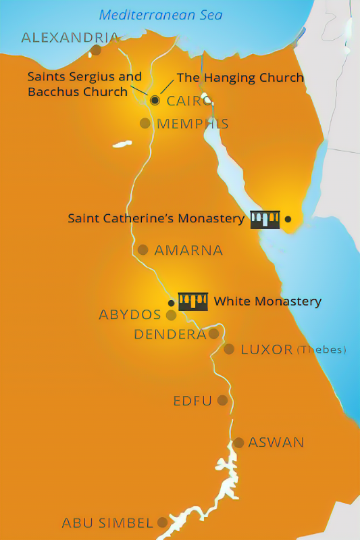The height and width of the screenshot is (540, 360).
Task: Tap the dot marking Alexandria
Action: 96,49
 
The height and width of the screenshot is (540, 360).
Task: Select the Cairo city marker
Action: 155,100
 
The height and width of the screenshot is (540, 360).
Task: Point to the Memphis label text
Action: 192,124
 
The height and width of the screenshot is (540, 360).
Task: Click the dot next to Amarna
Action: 143,250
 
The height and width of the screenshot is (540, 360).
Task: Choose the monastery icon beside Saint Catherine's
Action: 265,219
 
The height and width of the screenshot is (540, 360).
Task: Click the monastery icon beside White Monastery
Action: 193,301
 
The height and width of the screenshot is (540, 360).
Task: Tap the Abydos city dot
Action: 171,315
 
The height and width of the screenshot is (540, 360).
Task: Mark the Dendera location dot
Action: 213,333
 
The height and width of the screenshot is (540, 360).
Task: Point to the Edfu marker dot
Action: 222,401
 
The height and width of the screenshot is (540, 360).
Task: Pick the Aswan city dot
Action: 238,443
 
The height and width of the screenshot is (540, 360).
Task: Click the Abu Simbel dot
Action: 162,522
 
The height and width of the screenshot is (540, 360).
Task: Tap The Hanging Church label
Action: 240,78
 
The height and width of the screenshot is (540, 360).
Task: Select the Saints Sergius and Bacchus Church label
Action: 84,84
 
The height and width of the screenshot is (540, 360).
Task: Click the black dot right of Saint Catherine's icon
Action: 288,219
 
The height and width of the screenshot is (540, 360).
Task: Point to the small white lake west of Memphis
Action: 122,144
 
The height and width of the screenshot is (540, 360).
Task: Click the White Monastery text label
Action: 267,301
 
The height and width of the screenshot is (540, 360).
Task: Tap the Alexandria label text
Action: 70,37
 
